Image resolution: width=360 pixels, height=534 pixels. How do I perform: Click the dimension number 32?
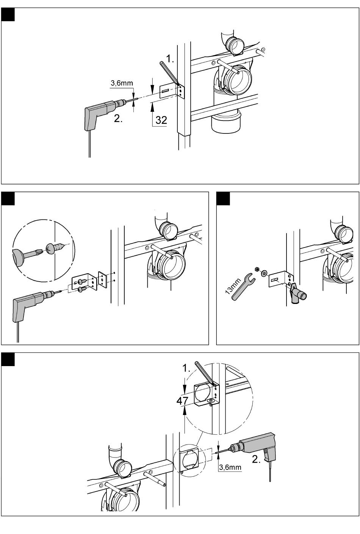pyautogui.click(x=161, y=120)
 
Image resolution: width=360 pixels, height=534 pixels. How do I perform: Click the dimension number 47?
pyautogui.click(x=182, y=401)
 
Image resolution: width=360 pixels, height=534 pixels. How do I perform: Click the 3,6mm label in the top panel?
pyautogui.click(x=122, y=83)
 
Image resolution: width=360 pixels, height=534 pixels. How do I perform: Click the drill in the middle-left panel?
pyautogui.click(x=36, y=303)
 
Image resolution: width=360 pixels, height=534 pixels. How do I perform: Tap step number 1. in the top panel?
pyautogui.click(x=170, y=59)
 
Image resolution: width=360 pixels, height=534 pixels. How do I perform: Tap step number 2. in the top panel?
pyautogui.click(x=118, y=119)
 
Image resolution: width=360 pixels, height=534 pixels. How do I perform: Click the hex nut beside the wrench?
pyautogui.click(x=257, y=269)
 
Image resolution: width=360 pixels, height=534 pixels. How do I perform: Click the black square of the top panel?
pyautogui.click(x=8, y=14)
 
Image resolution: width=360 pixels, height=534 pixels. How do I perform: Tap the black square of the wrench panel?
pyautogui.click(x=223, y=198)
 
